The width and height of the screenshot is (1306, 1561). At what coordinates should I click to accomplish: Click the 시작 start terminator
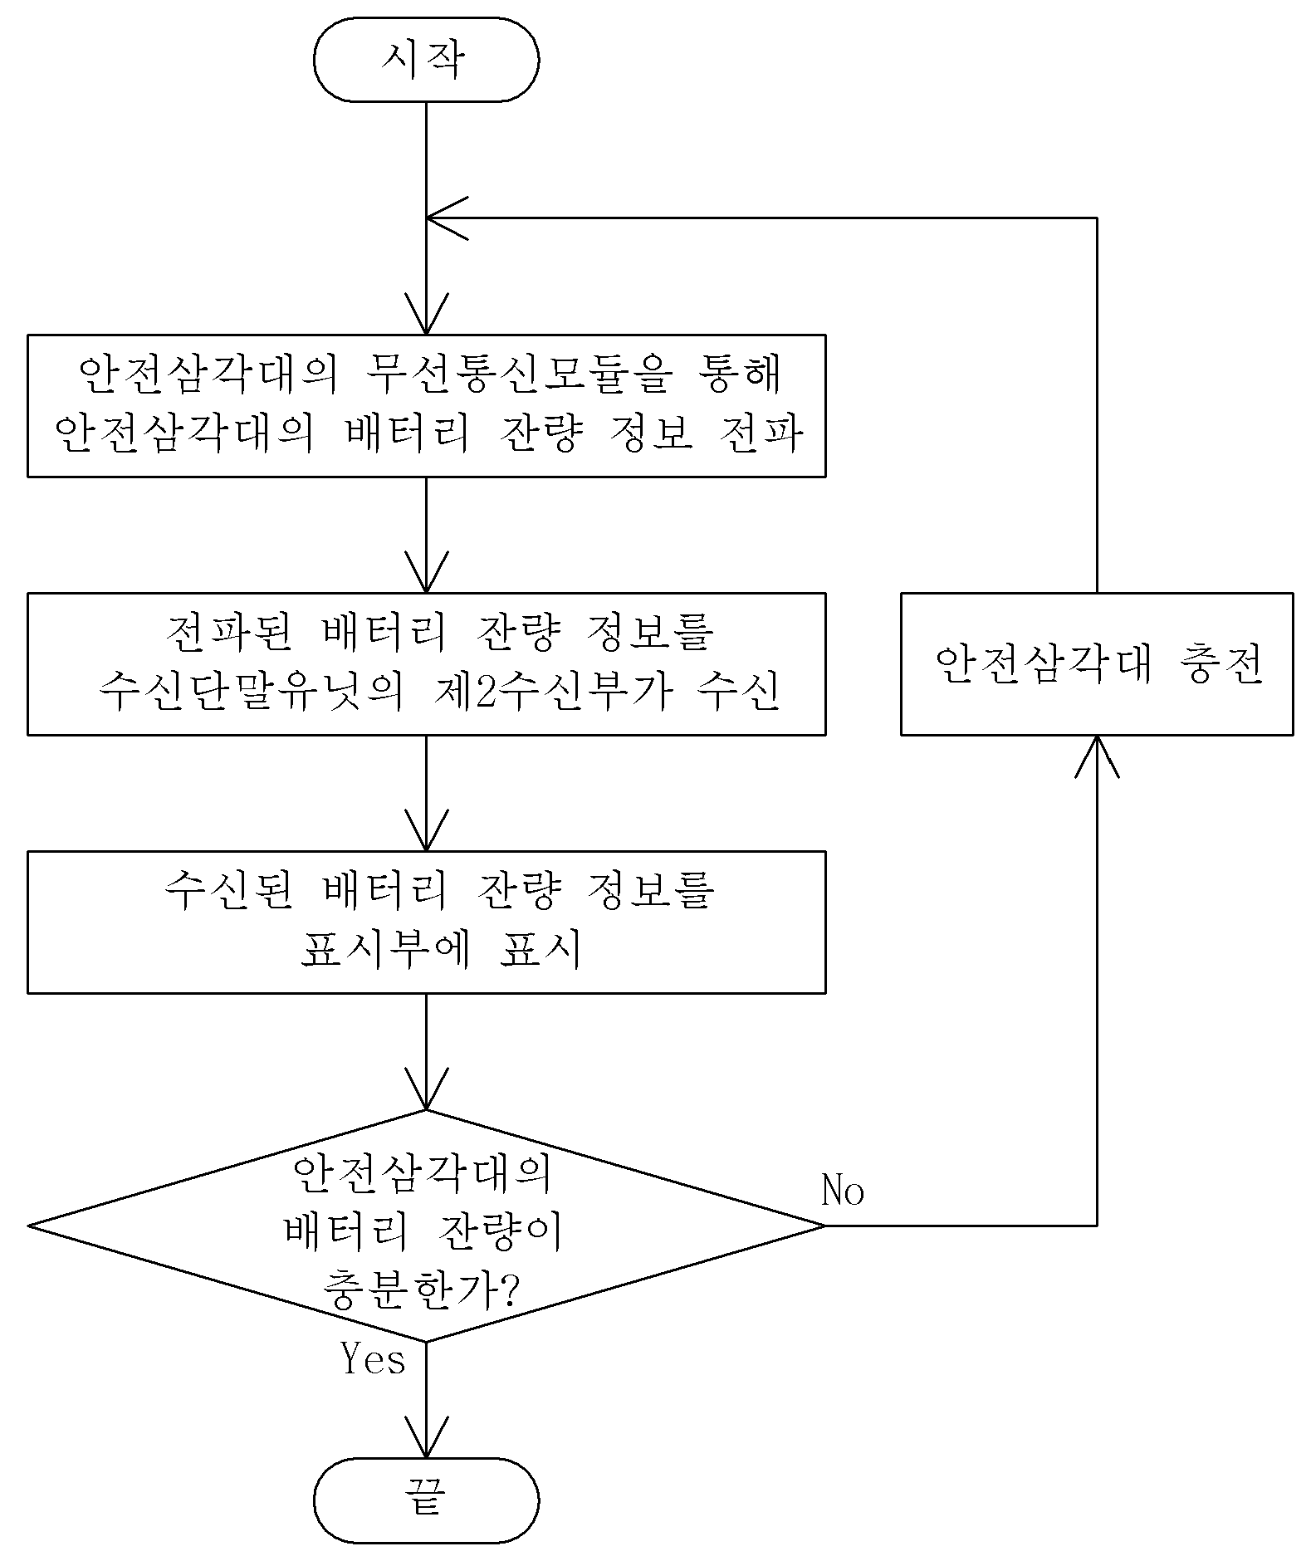pyautogui.click(x=426, y=60)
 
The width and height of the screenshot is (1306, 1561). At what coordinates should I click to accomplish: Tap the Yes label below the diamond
pyautogui.click(x=373, y=1359)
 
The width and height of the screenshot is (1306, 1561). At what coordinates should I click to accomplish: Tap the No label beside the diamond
pyautogui.click(x=843, y=1191)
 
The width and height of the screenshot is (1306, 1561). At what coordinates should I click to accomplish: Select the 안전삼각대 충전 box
pyautogui.click(x=1097, y=663)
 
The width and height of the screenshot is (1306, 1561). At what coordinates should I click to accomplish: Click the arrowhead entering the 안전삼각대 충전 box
pyautogui.click(x=1097, y=756)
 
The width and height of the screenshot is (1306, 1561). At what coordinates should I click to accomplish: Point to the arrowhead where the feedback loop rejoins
pyautogui.click(x=447, y=218)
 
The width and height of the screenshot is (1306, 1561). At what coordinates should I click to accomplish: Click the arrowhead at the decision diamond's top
pyautogui.click(x=426, y=1088)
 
